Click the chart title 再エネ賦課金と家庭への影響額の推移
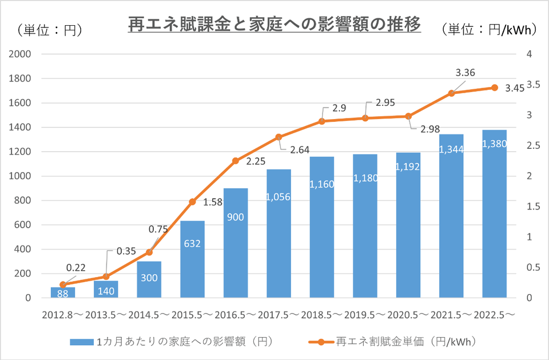tap(274, 25)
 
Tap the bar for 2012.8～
tap(63, 292)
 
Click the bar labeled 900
tap(236, 243)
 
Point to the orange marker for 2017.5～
tap(279, 137)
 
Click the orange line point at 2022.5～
tap(495, 88)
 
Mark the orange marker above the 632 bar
tap(192, 201)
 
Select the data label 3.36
tap(465, 73)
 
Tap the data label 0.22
tap(76, 267)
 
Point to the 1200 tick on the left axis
tap(21, 152)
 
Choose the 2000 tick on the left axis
tap(21, 54)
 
